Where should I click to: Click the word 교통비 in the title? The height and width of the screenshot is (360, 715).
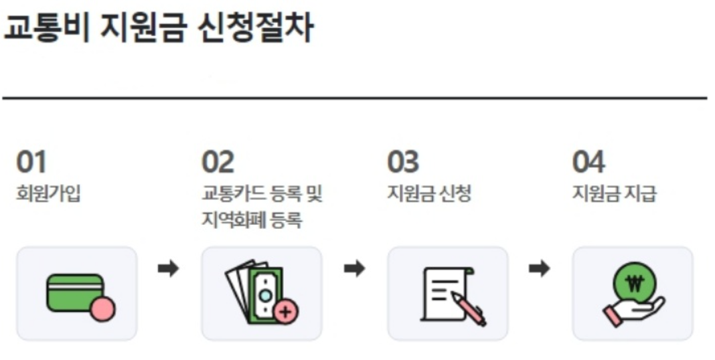coord(46,29)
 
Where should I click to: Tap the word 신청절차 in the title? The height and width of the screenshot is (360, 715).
coord(255,29)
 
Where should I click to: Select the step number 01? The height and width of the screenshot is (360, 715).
coord(32,162)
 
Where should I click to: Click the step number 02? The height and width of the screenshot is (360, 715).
coord(218,162)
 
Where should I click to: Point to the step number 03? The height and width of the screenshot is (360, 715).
coord(403,162)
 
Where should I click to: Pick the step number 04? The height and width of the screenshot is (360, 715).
coord(588,162)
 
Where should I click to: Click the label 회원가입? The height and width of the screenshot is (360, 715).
coord(48,194)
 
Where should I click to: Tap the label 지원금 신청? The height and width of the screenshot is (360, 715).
coord(429,194)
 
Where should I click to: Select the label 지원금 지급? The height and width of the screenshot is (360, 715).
coord(615,194)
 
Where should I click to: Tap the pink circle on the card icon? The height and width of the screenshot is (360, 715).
coord(102,310)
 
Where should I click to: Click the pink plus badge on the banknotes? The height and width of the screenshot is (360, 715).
coord(287,311)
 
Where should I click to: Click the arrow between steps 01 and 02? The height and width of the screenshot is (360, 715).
coord(169,269)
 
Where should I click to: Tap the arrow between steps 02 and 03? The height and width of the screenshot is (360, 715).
coord(354,269)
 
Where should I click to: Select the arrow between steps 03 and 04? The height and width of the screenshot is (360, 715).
coord(539,269)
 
